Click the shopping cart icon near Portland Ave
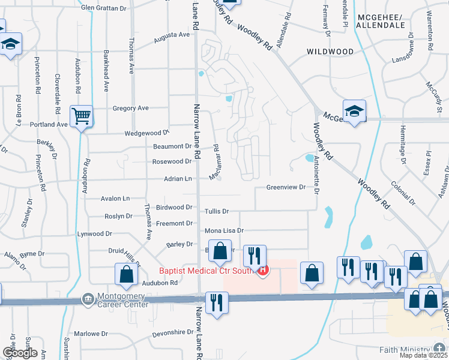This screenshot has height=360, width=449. [x=81, y=115]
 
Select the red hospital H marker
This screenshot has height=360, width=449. [x=262, y=271]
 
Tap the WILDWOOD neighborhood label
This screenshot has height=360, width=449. [x=330, y=52]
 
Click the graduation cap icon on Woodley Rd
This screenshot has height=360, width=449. [x=354, y=111]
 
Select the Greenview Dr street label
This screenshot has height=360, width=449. [x=286, y=187]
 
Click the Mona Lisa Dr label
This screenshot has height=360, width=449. [x=224, y=230]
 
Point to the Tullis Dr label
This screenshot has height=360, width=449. [x=217, y=211]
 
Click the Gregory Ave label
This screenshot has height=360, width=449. [x=130, y=109]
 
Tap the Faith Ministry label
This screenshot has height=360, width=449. [x=405, y=350]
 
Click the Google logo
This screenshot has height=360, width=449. [x=20, y=353]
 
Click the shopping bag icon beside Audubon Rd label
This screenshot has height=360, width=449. [x=125, y=274]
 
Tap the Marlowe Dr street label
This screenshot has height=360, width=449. [x=91, y=334]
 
